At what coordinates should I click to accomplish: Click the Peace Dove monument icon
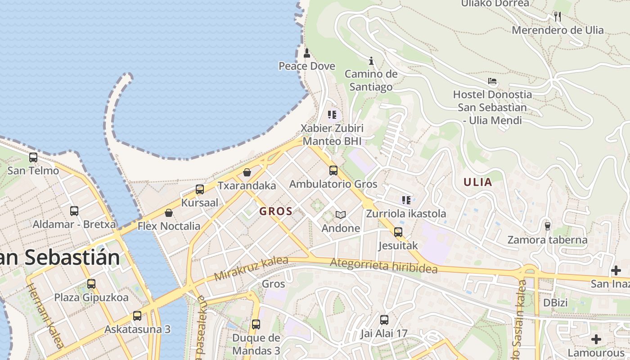(307, 53)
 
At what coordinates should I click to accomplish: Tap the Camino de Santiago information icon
(371, 61)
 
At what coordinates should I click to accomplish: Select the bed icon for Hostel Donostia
(492, 81)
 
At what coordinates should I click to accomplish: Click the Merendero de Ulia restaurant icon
(558, 17)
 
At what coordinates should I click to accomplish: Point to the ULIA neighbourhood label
(477, 182)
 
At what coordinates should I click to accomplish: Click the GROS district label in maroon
(276, 211)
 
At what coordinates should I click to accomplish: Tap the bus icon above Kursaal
(200, 189)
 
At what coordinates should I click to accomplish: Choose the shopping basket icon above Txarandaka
(247, 172)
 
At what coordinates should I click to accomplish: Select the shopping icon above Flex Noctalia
(169, 213)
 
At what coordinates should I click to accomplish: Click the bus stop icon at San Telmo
(33, 157)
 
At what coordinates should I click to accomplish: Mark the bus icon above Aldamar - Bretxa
(74, 211)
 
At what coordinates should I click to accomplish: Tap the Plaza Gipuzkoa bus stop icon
(91, 284)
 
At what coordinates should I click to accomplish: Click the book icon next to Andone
(341, 215)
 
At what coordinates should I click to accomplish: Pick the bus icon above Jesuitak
(398, 232)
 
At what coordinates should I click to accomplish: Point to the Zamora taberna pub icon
(547, 226)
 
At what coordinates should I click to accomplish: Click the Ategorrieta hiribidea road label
(383, 265)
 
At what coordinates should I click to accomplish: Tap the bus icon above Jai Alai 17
(384, 320)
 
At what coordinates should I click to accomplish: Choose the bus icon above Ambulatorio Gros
(333, 171)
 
